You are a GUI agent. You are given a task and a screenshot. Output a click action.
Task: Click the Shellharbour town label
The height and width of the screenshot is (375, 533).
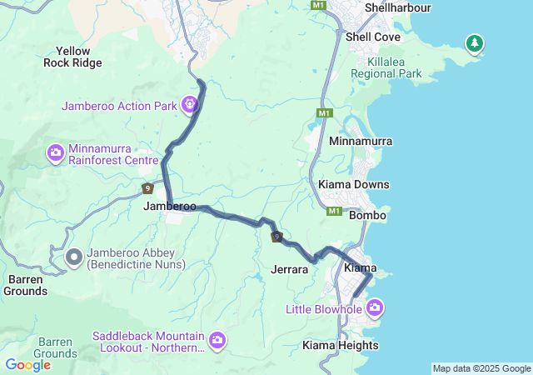[x=397, y=7]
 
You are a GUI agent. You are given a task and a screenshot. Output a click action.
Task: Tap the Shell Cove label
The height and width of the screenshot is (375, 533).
[x=372, y=37]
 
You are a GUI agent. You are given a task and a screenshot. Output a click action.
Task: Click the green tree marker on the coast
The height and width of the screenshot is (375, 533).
[x=474, y=42]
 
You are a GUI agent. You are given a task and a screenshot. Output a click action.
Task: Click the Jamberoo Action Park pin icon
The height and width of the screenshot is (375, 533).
[x=191, y=105]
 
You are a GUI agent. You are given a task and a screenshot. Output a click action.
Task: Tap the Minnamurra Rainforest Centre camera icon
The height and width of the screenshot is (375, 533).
[x=56, y=152]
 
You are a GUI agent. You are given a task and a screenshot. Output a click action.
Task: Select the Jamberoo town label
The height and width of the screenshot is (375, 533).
[x=170, y=206]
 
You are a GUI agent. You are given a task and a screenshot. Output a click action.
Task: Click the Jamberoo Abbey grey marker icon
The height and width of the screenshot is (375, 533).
[x=73, y=257]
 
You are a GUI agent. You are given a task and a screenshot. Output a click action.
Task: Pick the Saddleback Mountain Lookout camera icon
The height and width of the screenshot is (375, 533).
[x=217, y=339]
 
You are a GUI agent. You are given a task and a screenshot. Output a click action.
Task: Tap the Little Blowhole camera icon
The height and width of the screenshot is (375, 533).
[x=374, y=309]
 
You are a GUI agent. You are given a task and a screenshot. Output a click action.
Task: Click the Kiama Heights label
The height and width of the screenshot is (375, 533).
[x=340, y=345]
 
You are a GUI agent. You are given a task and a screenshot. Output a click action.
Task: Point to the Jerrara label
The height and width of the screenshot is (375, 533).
[x=290, y=269]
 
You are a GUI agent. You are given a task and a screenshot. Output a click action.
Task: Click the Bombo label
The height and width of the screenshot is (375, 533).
[x=367, y=215]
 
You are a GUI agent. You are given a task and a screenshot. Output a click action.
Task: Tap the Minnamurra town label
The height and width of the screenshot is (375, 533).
[x=361, y=142]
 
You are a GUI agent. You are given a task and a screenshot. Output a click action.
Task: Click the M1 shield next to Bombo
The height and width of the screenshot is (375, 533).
[x=334, y=212]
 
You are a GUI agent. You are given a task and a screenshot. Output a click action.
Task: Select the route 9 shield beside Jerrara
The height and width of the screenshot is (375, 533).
[x=276, y=237]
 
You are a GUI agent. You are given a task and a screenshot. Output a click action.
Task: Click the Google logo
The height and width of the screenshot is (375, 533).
[x=27, y=364]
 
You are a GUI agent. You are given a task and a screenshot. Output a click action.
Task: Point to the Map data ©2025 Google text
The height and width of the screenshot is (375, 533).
[x=481, y=368]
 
